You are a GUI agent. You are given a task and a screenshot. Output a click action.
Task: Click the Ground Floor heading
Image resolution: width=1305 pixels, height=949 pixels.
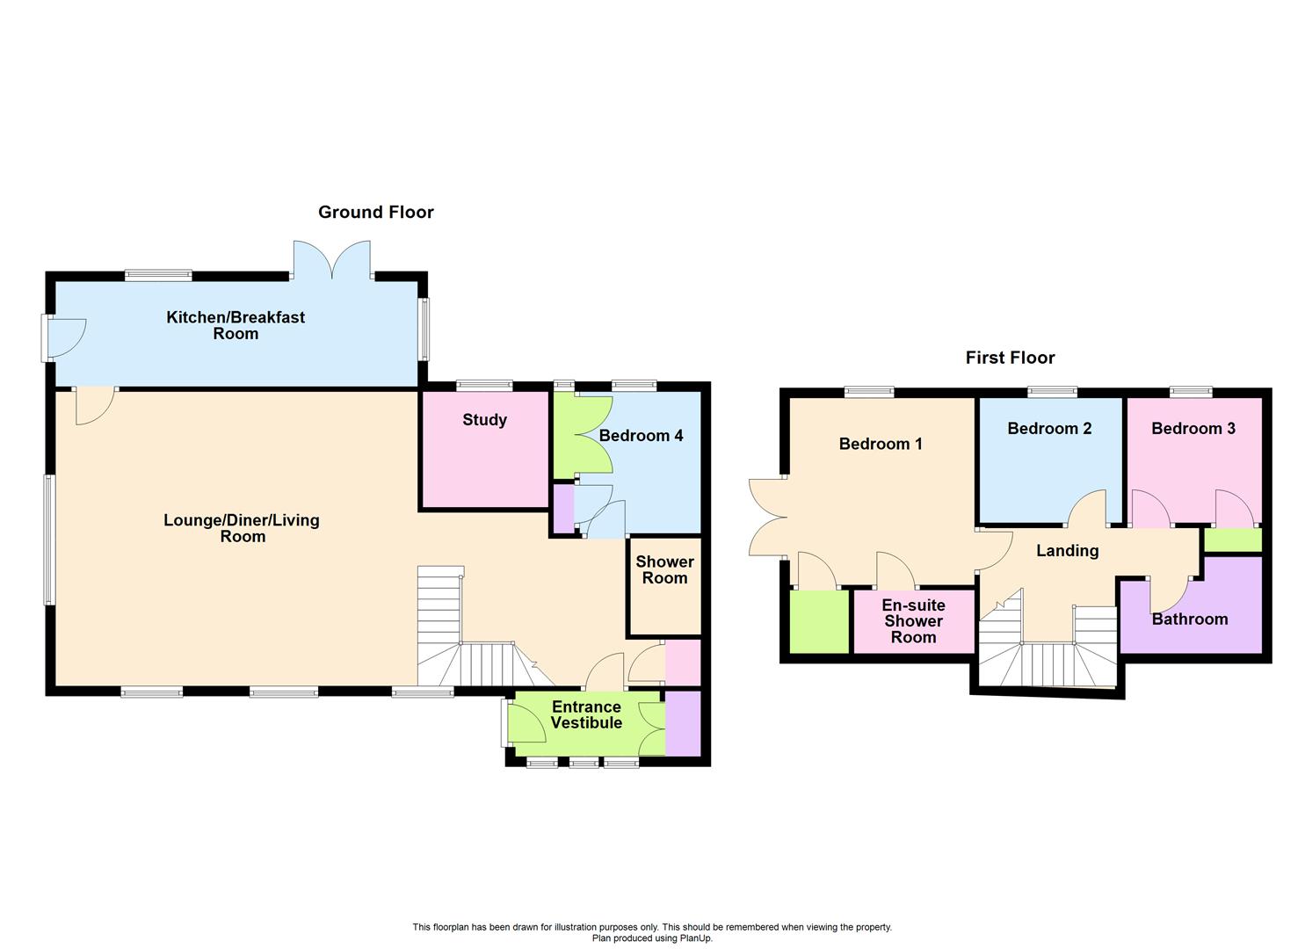(375, 212)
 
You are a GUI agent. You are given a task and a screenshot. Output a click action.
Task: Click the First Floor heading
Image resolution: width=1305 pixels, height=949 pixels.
(1010, 358)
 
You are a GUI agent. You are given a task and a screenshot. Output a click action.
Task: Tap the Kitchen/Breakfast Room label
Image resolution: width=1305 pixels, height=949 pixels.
(236, 325)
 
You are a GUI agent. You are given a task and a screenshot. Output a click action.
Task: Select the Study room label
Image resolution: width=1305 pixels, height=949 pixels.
(484, 420)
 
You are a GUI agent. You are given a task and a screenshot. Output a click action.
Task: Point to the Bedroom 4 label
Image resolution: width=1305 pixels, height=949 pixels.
(641, 436)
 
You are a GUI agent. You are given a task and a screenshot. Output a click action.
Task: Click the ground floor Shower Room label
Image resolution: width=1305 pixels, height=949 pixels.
(664, 569)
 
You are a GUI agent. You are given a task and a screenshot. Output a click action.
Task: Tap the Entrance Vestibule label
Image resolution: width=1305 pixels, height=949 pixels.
(586, 715)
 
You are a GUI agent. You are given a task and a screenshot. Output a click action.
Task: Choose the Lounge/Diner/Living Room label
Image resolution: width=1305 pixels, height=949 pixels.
(242, 528)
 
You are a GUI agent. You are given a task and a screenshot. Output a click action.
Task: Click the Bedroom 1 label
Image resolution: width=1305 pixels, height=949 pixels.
(881, 444)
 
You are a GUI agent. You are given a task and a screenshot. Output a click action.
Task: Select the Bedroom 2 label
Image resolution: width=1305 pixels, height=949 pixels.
(1049, 429)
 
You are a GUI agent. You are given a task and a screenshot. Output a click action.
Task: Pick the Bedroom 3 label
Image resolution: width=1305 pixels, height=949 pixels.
(1193, 429)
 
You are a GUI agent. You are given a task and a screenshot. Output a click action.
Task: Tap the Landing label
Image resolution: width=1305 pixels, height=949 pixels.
(1067, 551)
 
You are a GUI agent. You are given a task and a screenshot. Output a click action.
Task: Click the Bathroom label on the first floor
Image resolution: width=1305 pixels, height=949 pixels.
(1189, 619)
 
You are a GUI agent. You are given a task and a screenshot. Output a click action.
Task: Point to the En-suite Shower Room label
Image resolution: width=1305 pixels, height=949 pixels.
(913, 621)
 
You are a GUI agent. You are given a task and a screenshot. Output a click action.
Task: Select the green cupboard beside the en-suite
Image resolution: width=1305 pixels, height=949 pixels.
(818, 620)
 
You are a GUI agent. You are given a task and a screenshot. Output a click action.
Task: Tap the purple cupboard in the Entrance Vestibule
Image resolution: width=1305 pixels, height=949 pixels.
(683, 723)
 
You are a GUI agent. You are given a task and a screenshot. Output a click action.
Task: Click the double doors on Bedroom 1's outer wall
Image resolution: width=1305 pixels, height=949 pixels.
(766, 517)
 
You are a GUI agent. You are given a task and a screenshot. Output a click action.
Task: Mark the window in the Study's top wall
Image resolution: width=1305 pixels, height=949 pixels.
(484, 385)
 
